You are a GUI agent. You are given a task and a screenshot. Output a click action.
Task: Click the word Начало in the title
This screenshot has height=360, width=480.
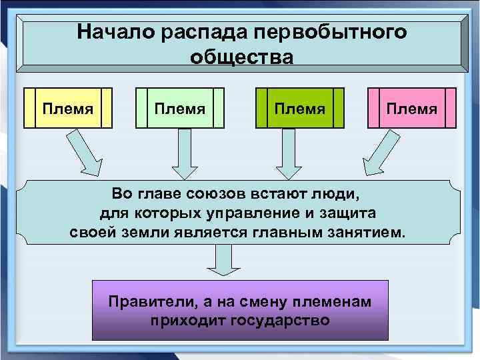(110, 32)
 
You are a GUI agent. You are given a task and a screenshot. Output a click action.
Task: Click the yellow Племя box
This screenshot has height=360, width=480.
(67, 107)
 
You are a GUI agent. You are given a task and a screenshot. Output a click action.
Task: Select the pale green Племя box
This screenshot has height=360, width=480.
(179, 107)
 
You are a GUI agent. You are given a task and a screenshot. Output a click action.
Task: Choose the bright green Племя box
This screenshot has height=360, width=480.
(301, 107)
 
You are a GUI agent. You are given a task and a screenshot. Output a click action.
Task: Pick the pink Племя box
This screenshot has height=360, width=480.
(412, 107)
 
